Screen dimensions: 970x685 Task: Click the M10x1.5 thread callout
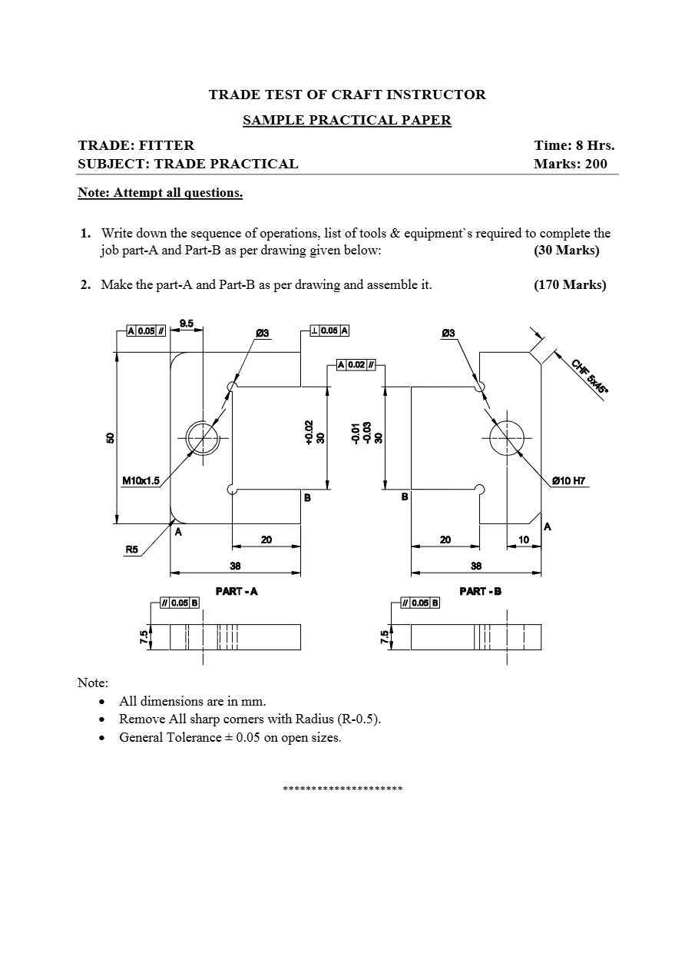141,481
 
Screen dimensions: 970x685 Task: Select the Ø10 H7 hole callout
569,481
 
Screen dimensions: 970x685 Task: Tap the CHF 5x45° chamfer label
589,375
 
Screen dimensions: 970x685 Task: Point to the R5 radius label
134,550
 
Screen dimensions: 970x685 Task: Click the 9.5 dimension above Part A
187,323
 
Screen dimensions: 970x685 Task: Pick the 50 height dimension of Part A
110,437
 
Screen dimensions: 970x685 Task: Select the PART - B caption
480,591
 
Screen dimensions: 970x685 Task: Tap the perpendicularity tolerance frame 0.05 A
329,331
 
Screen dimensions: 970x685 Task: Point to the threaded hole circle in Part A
202,437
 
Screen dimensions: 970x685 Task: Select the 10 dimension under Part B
524,540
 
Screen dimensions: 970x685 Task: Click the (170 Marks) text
569,285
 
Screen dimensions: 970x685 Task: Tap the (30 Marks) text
566,251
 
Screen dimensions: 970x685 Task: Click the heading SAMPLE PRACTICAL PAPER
347,120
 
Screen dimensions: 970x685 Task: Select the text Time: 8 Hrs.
574,145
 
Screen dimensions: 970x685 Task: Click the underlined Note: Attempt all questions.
160,193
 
